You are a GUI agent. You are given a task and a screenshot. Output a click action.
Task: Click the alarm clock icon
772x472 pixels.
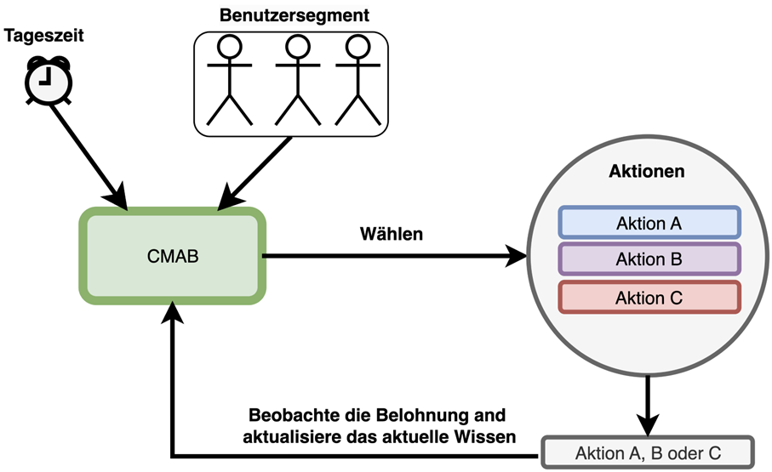coord(48,79)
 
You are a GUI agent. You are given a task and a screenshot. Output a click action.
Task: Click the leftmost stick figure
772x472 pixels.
coord(229,81)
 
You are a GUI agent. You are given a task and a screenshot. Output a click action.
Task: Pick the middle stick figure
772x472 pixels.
coord(295,81)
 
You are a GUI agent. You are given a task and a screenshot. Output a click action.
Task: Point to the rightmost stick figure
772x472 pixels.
coord(357,81)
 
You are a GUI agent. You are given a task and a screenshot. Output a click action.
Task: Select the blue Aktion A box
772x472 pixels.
coord(649,223)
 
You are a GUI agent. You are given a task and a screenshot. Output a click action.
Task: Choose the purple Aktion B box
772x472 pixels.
coord(649,259)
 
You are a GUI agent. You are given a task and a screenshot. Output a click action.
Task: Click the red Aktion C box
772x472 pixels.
coord(649,297)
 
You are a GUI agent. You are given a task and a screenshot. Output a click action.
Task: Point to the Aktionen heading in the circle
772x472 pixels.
coord(648,170)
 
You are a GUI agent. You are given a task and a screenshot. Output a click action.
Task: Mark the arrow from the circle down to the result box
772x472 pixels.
coord(649,404)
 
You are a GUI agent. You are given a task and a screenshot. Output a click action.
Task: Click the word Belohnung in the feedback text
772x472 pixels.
coord(418,417)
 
